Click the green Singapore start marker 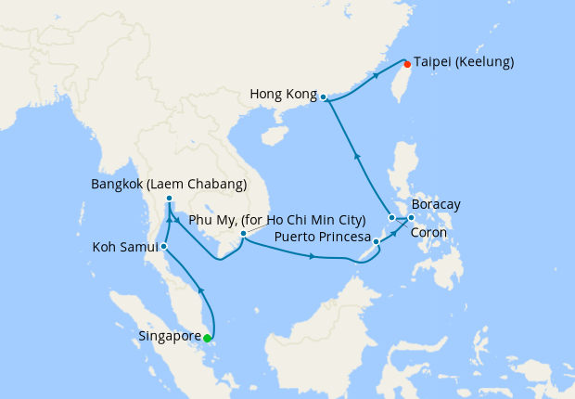pyautogui.click(x=207, y=338)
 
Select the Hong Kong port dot pyautogui.click(x=323, y=96)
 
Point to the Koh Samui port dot pyautogui.click(x=163, y=246)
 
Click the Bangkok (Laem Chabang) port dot pyautogui.click(x=169, y=199)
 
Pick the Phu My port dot pyautogui.click(x=242, y=234)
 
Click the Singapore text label pyautogui.click(x=170, y=336)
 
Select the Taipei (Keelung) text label pyautogui.click(x=463, y=62)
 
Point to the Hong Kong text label pyautogui.click(x=283, y=94)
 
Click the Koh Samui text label pyautogui.click(x=125, y=248)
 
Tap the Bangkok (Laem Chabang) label pyautogui.click(x=169, y=184)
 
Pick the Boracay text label pyautogui.click(x=436, y=204)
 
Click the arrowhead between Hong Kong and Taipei pyautogui.click(x=375, y=76)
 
